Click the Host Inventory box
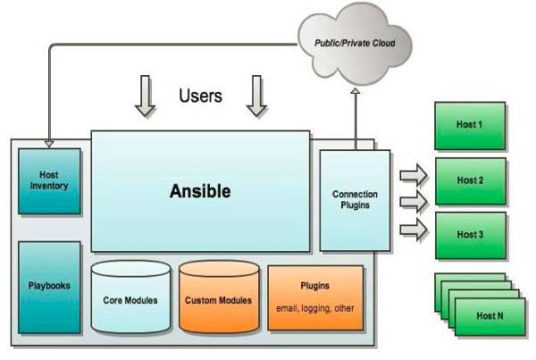coord(49,181)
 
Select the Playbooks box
coord(49,287)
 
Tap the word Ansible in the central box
coord(200,191)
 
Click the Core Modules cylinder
coord(130,297)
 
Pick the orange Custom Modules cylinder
coord(219,297)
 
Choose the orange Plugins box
coord(315,297)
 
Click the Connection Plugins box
coord(355,200)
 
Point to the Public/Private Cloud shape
coord(355,44)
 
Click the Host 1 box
coord(470,125)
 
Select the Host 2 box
coord(471,181)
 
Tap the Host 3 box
coord(471,236)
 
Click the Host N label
coord(490,316)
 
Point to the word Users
coord(201,96)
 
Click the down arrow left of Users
coord(146,96)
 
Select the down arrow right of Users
coord(256,96)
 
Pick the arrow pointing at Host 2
coord(414,175)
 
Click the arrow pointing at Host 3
coord(414,230)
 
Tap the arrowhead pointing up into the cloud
coord(356,91)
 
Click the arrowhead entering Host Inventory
coord(49,144)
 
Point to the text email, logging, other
coord(315,308)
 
